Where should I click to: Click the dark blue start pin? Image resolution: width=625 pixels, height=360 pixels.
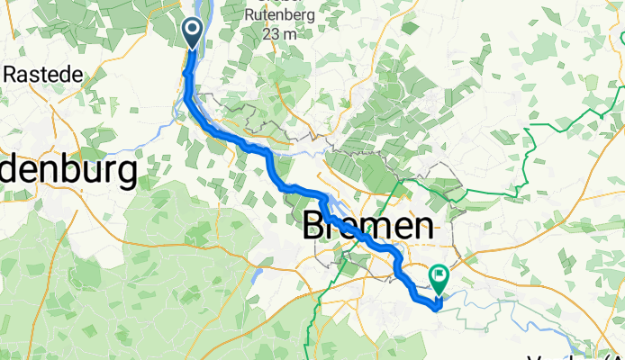195,34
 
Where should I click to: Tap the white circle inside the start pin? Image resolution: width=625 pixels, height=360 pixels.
195,31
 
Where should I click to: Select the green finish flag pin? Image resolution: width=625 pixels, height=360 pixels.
439,280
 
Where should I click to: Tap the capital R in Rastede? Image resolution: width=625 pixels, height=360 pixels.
10,74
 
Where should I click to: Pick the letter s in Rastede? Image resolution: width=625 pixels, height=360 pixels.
29,74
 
